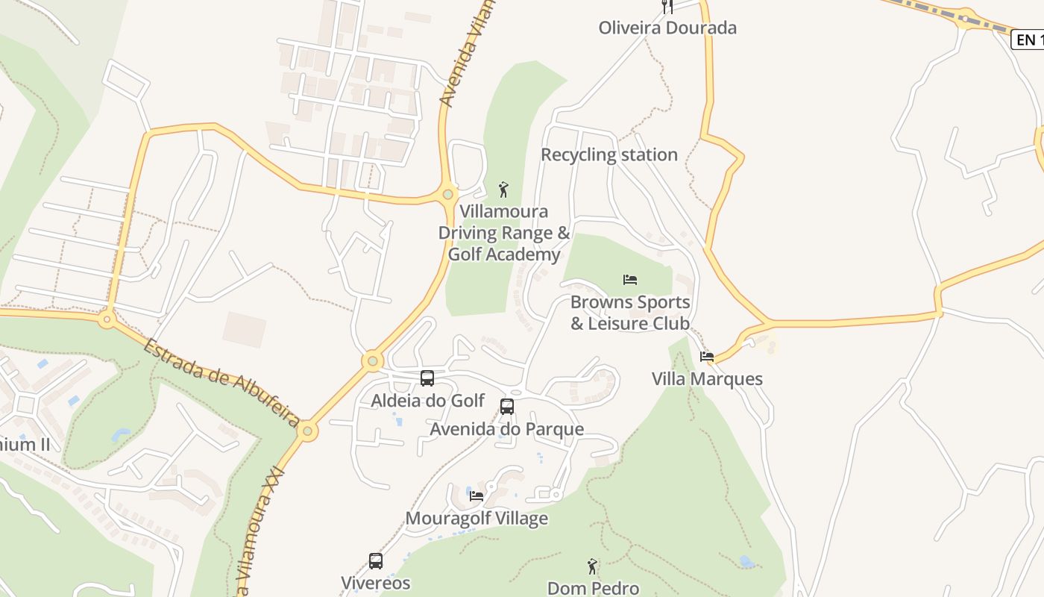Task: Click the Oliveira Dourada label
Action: coord(667,28)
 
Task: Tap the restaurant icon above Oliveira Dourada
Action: coord(667,7)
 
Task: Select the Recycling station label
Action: coord(609,155)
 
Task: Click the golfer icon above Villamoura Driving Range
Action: coord(503,190)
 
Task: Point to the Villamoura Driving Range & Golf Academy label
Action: coord(503,233)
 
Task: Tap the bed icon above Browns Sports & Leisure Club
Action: coord(630,280)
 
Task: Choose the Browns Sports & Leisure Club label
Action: coord(630,313)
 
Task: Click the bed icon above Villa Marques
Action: coord(707,357)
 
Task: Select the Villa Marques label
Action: coord(707,379)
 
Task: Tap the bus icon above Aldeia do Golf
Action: coord(427,378)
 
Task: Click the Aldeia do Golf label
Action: coord(428,401)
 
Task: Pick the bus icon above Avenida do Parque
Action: coord(507,407)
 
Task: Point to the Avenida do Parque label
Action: coord(507,429)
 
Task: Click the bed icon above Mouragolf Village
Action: coord(477,496)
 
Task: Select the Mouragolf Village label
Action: coord(477,519)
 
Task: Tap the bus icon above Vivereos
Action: coord(376,561)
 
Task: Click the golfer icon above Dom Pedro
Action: coord(593,566)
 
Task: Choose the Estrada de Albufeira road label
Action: coord(221,382)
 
